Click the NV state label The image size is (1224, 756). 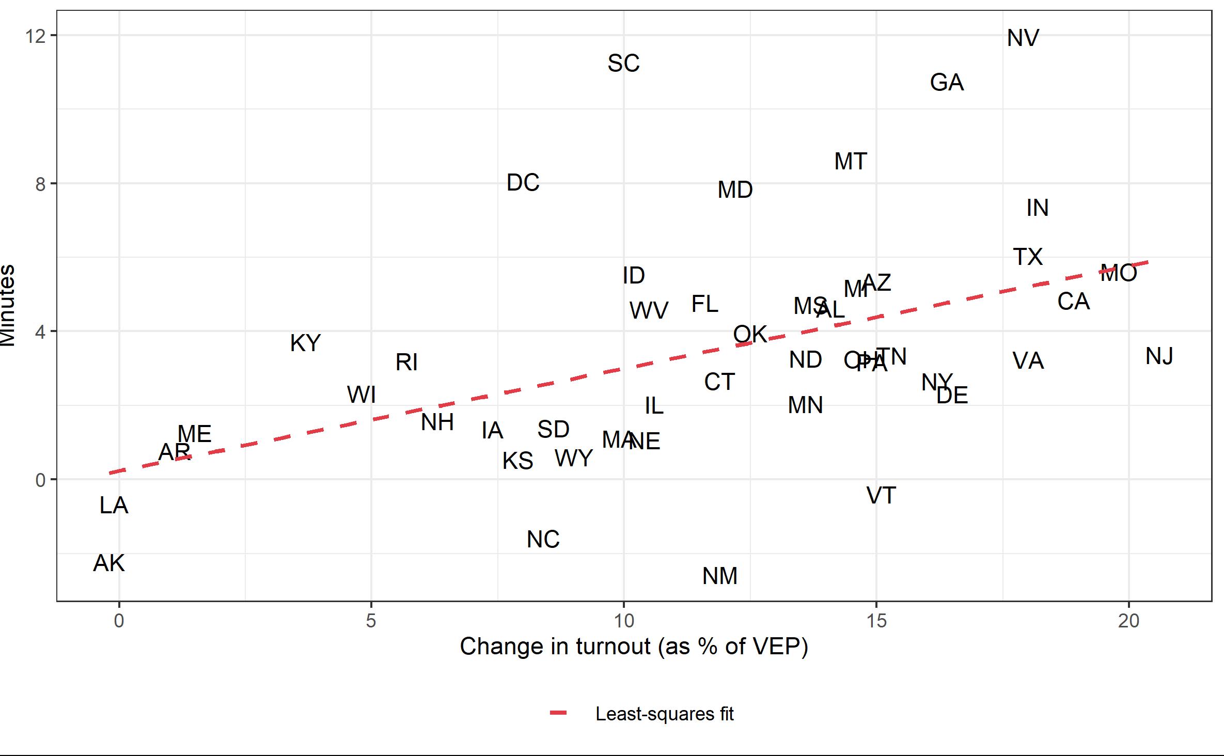1023,38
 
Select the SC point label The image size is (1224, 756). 623,64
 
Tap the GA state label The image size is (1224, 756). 947,83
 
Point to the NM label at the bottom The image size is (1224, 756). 719,576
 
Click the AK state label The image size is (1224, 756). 109,563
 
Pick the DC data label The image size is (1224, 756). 523,183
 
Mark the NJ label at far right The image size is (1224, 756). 1159,356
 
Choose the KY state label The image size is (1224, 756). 305,343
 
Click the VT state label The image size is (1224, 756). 881,496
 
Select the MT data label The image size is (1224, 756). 851,162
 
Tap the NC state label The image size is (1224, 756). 543,540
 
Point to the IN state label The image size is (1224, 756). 1037,208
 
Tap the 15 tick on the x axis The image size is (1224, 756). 876,621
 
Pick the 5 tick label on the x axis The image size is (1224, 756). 371,621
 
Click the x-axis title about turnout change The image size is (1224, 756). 634,647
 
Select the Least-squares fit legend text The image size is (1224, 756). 664,714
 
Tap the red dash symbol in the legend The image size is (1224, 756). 559,714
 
